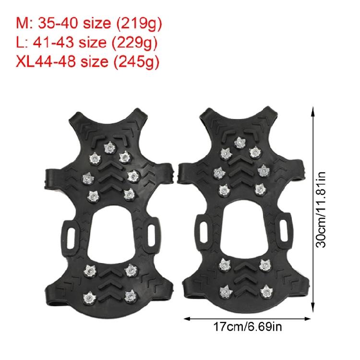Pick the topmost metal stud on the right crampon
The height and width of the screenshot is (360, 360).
click(240, 142)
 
